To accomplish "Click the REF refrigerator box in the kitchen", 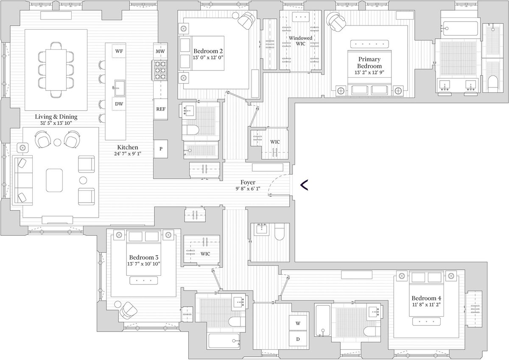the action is pos(161,109).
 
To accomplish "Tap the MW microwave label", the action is pos(160,51).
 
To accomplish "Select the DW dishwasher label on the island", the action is pos(119,104).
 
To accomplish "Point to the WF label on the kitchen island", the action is pos(119,51).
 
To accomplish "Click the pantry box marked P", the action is pos(161,149).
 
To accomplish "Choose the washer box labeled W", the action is pos(298,323).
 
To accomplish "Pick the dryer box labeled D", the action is pos(298,339).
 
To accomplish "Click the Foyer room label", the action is pos(248,182).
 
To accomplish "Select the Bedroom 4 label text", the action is pos(426,298).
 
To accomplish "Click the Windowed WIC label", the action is pos(300,41).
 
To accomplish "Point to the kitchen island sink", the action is pos(119,88).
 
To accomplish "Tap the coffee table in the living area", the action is pos(54,180).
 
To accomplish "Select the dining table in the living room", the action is pos(56,70).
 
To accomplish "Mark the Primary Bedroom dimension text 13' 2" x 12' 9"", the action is pos(369,73).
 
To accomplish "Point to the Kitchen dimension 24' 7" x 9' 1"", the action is pos(128,154).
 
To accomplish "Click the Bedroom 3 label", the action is pos(144,257).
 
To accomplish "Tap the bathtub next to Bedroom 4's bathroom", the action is pos(323,321).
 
